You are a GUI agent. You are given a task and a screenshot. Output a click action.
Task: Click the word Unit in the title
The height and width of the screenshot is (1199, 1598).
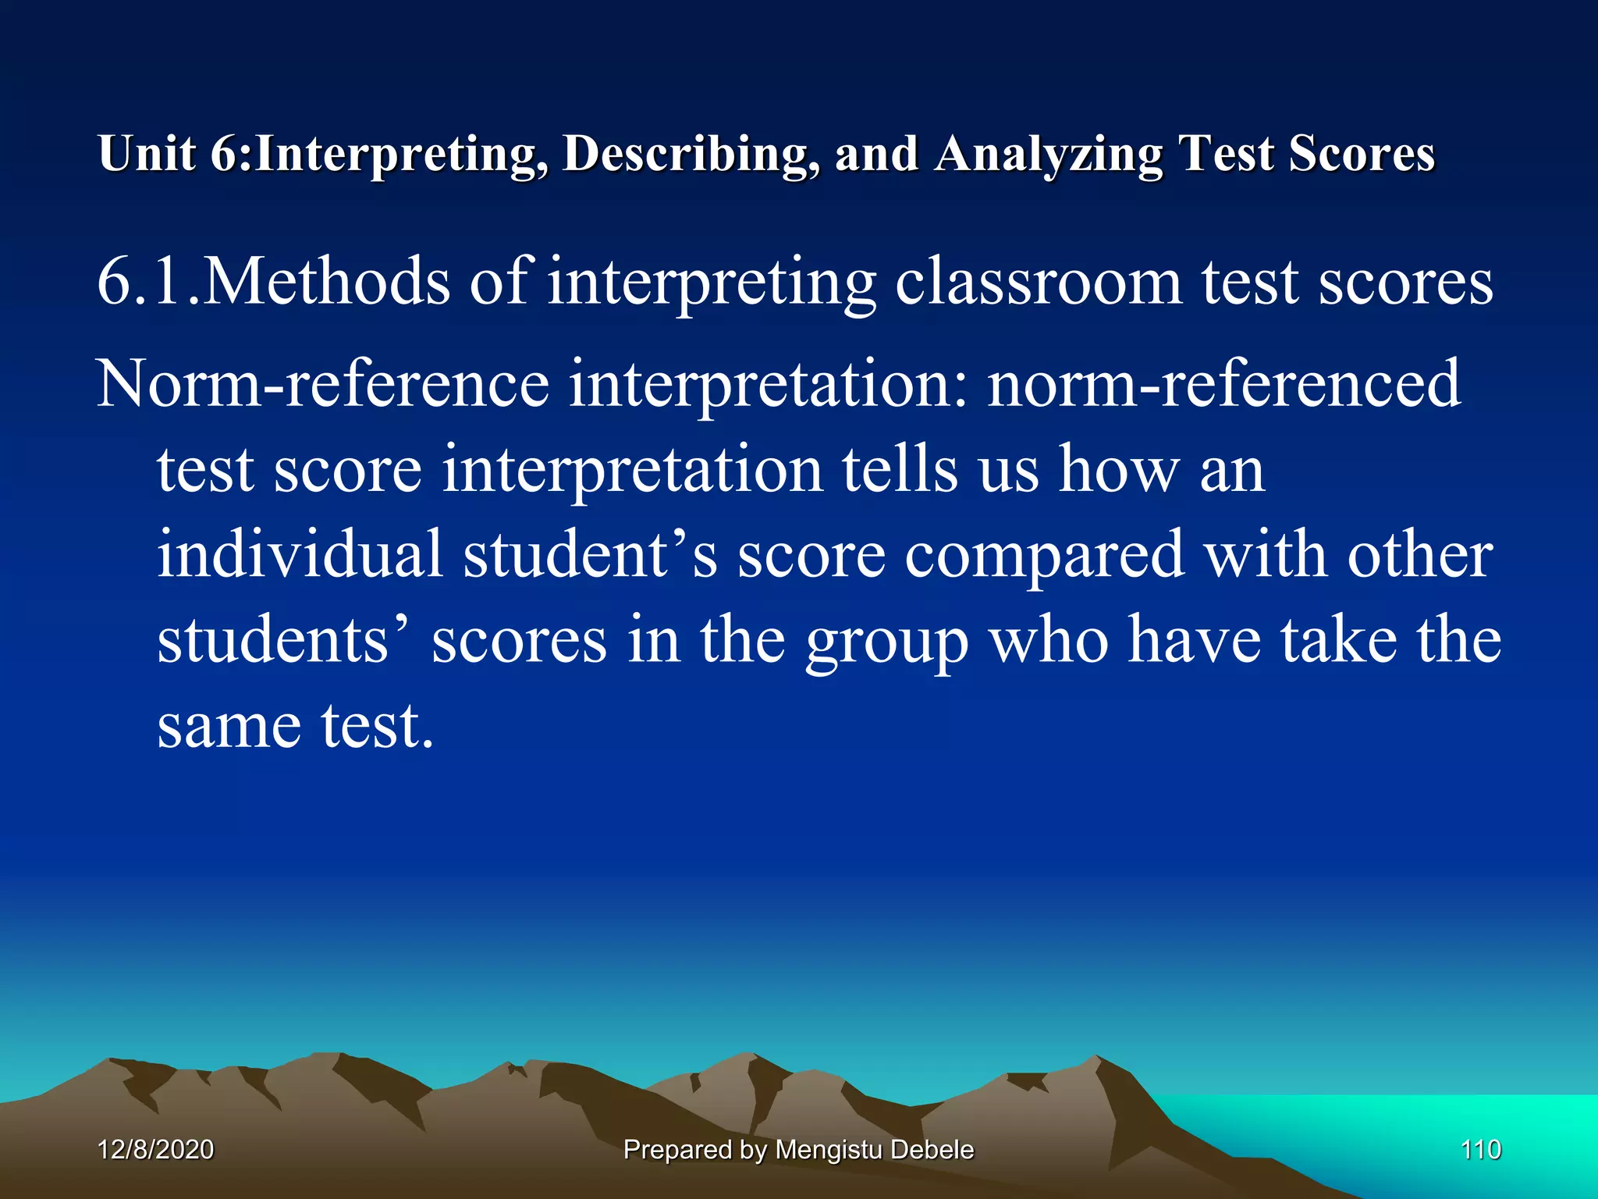pyautogui.click(x=147, y=153)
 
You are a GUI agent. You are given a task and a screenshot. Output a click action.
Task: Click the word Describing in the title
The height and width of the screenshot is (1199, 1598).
pyautogui.click(x=691, y=153)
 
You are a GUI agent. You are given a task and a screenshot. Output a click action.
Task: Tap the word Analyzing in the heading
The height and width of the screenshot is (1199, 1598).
pyautogui.click(x=1049, y=153)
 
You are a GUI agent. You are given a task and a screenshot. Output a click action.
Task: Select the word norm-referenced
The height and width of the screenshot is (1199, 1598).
pyautogui.click(x=1223, y=383)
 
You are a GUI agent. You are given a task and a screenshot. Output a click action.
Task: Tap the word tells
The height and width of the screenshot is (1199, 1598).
pyautogui.click(x=900, y=469)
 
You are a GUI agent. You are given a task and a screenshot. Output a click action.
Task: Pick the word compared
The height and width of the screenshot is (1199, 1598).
pyautogui.click(x=1044, y=556)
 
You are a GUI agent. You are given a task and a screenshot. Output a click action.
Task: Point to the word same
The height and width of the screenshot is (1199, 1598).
pyautogui.click(x=229, y=726)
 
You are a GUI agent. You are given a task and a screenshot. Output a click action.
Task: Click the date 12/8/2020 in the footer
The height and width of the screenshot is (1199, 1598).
pyautogui.click(x=156, y=1150)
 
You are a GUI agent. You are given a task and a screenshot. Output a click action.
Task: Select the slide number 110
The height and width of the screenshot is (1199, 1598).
pyautogui.click(x=1480, y=1150)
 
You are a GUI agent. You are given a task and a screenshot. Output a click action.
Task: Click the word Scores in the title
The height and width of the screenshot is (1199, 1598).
pyautogui.click(x=1362, y=153)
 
